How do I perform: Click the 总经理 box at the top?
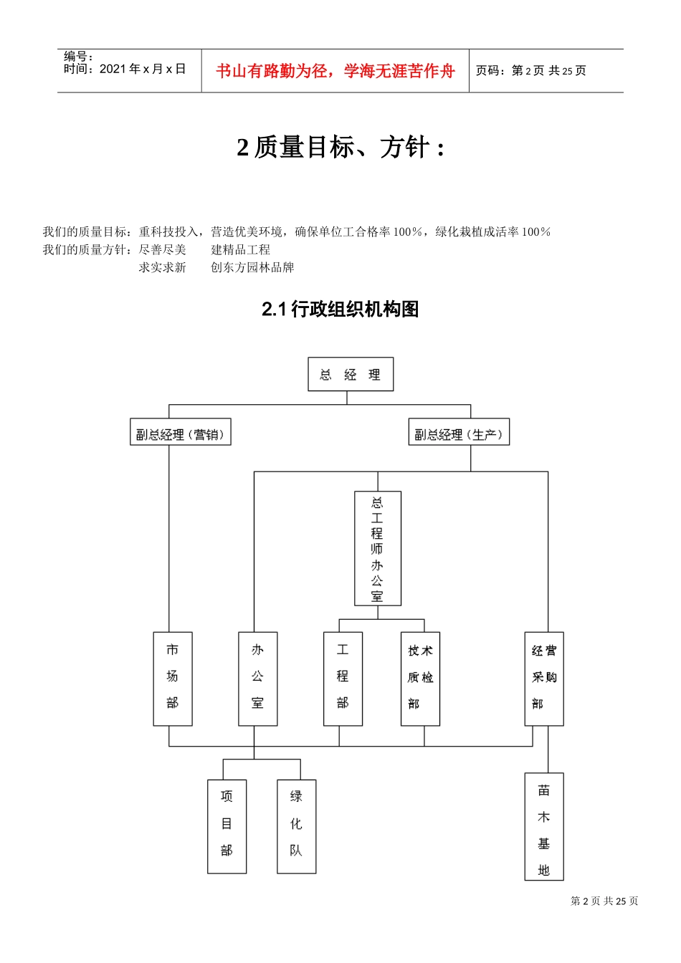[x=351, y=374]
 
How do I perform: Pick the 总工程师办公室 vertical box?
[x=378, y=548]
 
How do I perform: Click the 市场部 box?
[x=173, y=678]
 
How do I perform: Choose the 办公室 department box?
[x=257, y=678]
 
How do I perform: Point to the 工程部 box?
[x=343, y=678]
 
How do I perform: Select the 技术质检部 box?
[x=420, y=678]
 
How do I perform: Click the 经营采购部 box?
[x=544, y=678]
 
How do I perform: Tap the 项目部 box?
[x=227, y=825]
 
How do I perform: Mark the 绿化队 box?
[x=296, y=825]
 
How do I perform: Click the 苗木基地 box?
[x=544, y=825]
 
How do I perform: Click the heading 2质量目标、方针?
[x=340, y=148]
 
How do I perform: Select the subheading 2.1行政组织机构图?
[x=340, y=310]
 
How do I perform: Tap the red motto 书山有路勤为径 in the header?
[x=335, y=71]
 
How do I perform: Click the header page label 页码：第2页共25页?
[x=531, y=70]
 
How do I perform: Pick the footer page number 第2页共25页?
[x=604, y=901]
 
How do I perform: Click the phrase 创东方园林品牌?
[x=252, y=267]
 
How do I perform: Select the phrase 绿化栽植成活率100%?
[x=493, y=231]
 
